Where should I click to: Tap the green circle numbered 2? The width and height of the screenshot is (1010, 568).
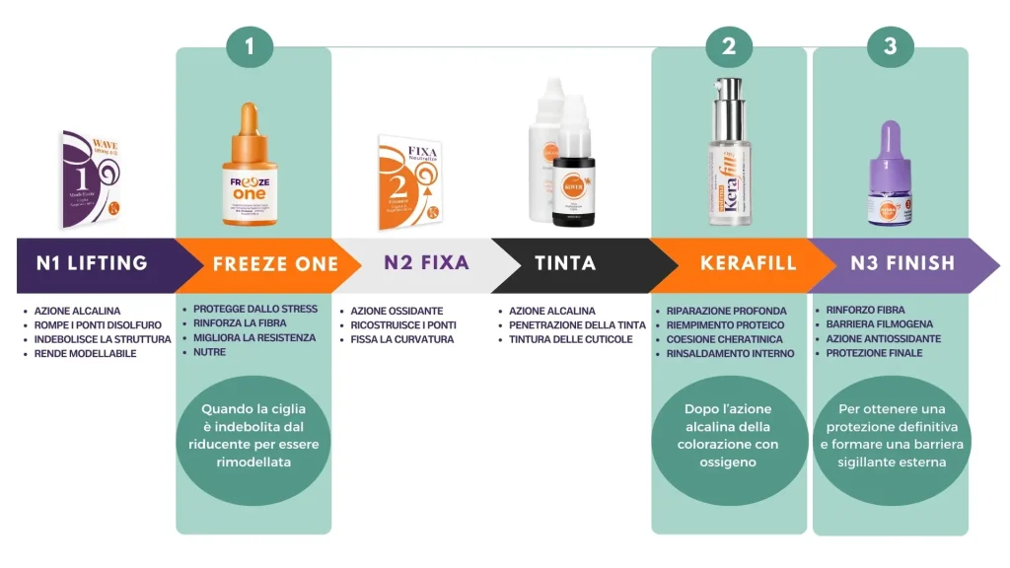pos(729,46)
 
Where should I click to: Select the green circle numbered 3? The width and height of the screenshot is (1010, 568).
pos(890,46)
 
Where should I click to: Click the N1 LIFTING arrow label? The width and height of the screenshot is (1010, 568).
pos(92,263)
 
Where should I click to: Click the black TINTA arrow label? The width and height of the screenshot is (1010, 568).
pos(565,263)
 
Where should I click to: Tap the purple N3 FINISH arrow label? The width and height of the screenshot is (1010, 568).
pos(902,263)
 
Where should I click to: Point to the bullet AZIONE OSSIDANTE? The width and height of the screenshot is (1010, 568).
pos(397,311)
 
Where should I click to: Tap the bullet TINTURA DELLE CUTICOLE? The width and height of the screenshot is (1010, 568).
pos(571,339)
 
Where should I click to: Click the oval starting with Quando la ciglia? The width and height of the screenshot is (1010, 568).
pos(253,435)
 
